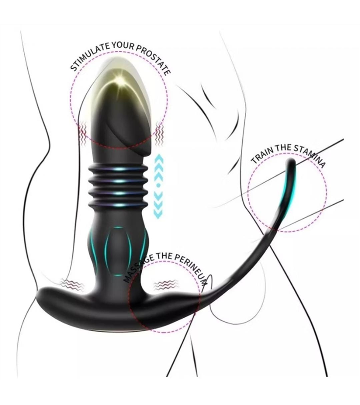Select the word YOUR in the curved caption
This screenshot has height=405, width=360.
119,45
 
